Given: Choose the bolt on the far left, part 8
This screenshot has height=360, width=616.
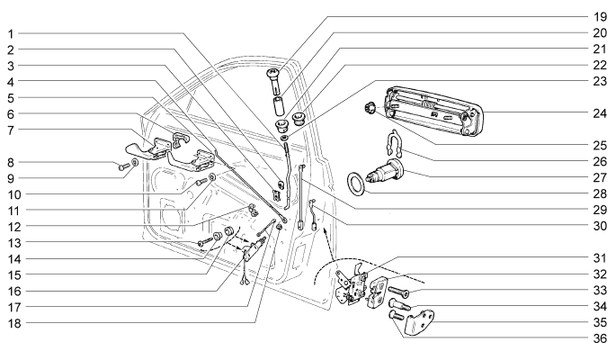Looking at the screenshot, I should [x=121, y=166].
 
